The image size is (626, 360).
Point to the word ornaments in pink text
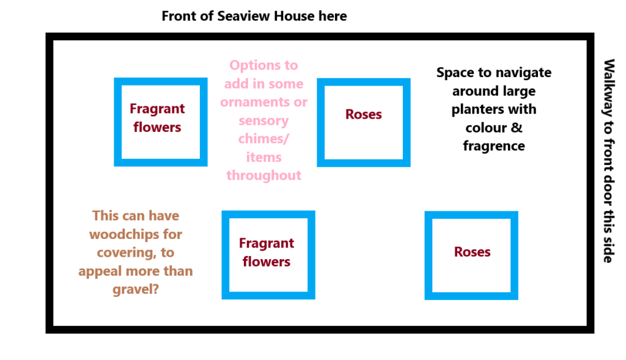(249, 102)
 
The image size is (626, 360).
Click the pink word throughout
(264, 175)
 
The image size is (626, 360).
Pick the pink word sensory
(264, 120)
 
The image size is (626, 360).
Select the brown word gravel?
(136, 289)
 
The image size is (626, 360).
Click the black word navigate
(523, 73)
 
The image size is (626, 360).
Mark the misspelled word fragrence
(494, 146)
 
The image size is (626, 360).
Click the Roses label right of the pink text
(363, 114)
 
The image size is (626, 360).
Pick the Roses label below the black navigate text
(472, 252)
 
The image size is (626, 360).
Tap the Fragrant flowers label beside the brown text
(267, 252)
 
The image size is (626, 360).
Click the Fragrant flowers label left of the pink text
(157, 118)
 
